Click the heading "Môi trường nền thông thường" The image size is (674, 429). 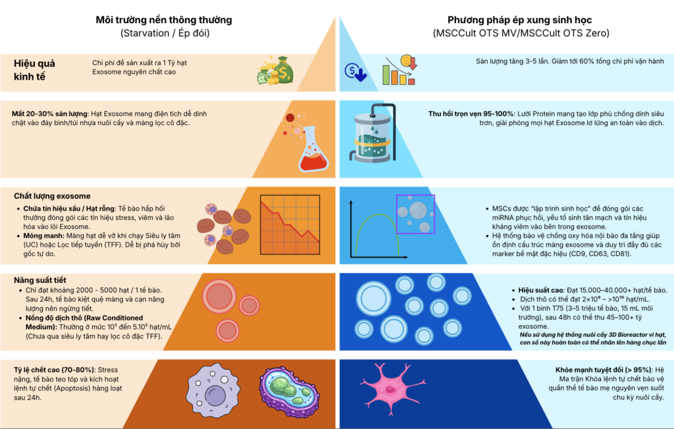point(164,20)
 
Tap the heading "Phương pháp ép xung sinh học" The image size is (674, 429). point(521,20)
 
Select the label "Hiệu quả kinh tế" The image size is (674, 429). point(34,70)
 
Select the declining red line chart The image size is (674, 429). point(290,221)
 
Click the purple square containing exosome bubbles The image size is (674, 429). point(415,214)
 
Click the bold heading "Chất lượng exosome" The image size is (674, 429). point(52,196)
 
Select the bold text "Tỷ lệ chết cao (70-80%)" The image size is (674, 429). point(55,369)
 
